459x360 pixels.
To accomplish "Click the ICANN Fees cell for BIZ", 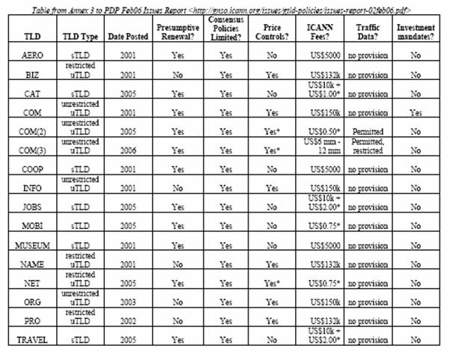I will click(x=323, y=75).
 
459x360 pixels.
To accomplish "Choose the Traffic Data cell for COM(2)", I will click(x=368, y=130).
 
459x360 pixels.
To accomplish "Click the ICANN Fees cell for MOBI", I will click(x=323, y=225).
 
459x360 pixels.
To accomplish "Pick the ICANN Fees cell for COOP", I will click(x=323, y=169).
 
